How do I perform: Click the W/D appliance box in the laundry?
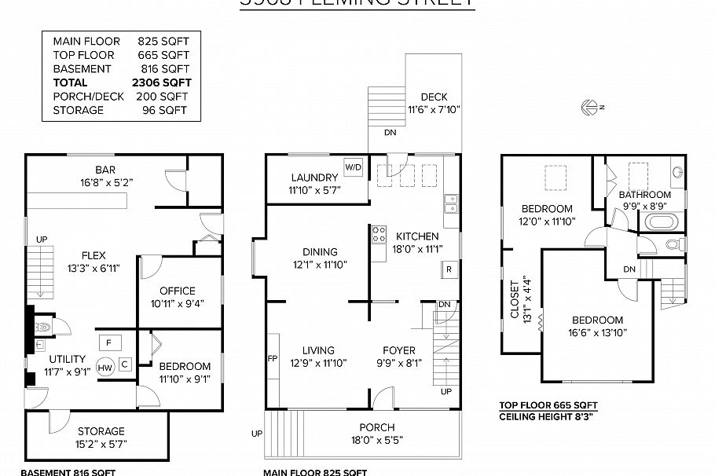[x=353, y=167]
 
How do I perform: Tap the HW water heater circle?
[x=105, y=367]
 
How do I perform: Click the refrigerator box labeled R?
[x=449, y=269]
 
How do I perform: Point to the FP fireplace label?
[x=273, y=358]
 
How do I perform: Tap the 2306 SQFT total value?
[x=162, y=82]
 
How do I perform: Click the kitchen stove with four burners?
[x=379, y=234]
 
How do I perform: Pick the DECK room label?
[x=434, y=97]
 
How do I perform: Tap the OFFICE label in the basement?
[x=177, y=291]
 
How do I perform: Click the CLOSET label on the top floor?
[x=515, y=300]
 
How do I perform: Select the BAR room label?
[x=106, y=170]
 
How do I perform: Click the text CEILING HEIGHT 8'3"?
[x=548, y=416]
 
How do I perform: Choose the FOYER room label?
[x=399, y=350]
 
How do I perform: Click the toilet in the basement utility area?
[x=42, y=325]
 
